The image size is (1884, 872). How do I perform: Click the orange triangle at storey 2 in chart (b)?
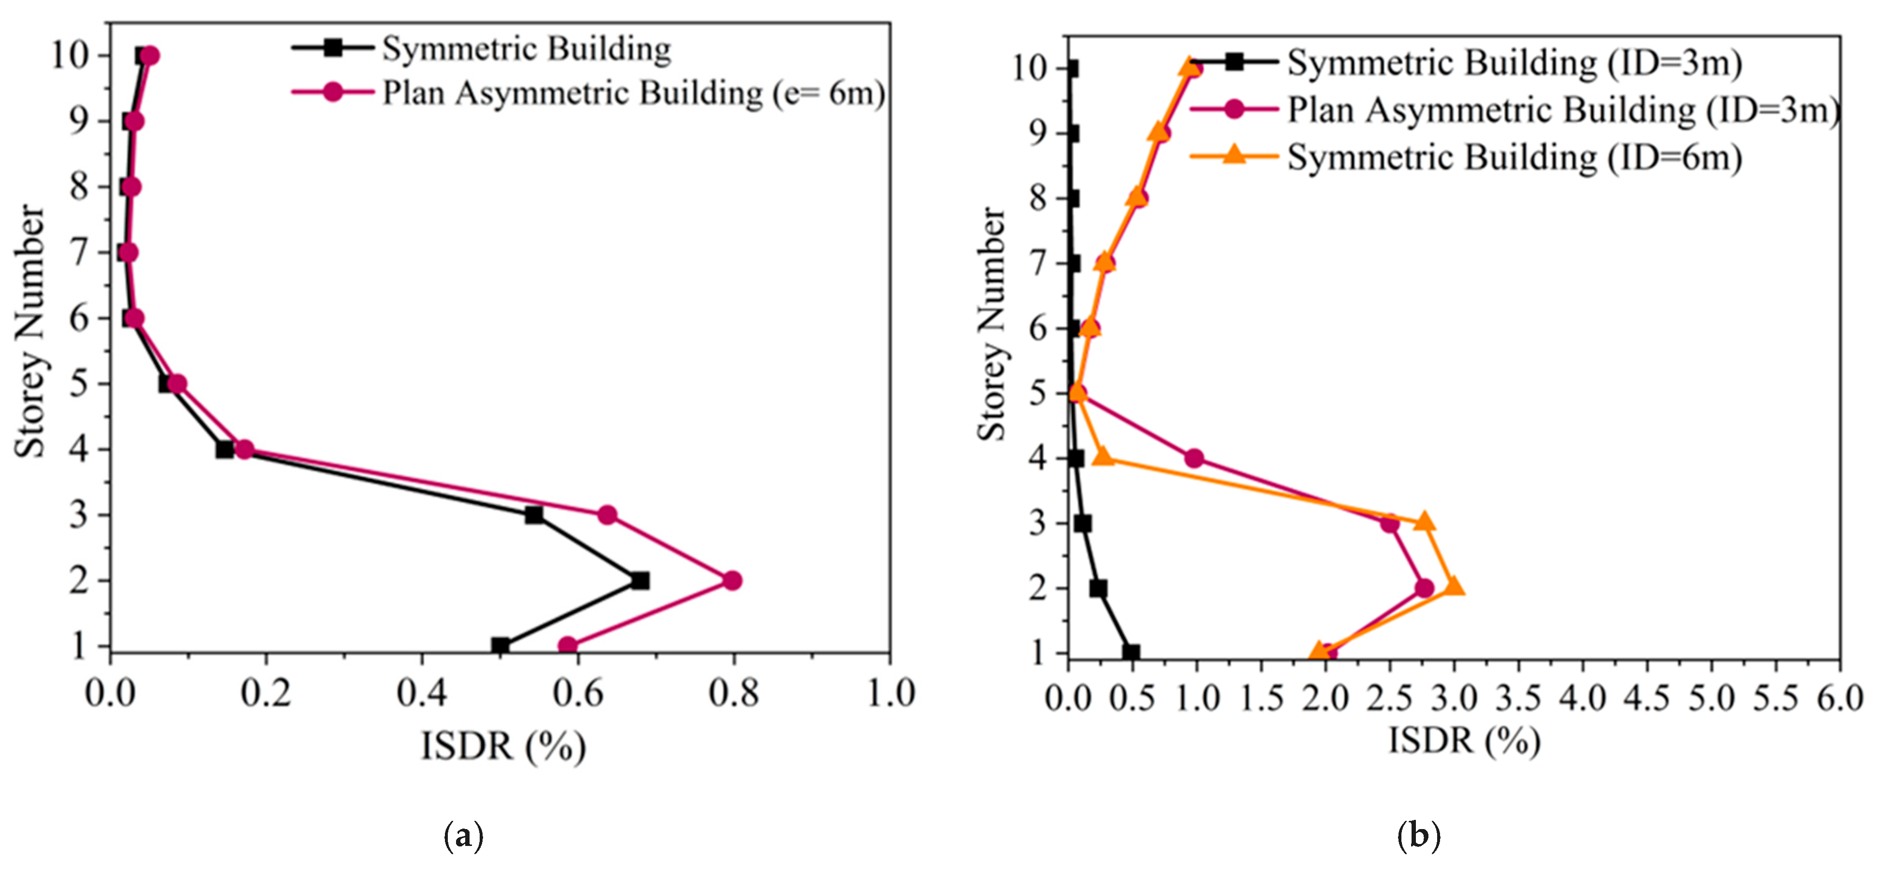pos(1454,587)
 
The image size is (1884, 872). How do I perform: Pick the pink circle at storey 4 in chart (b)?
pos(1193,458)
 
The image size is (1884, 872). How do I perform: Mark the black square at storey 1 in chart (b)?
pos(1132,652)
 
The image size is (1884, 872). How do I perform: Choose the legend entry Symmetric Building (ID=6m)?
pos(1514,157)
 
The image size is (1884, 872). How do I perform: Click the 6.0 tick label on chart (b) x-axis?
pos(1840,699)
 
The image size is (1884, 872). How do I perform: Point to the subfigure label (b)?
pos(1418,835)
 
